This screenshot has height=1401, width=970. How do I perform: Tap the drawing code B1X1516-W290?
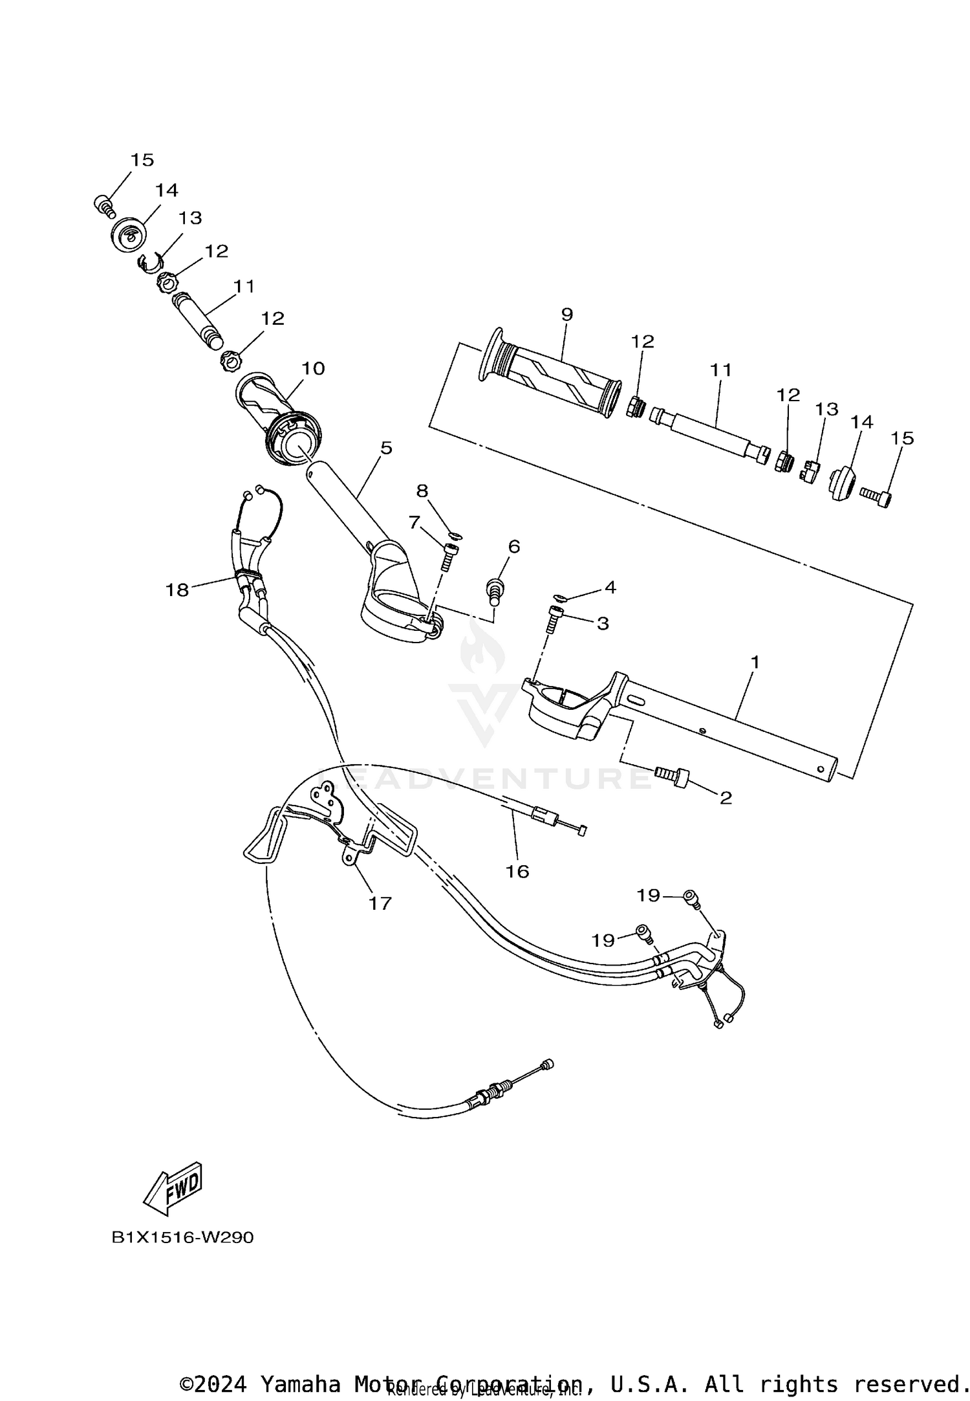(x=183, y=1237)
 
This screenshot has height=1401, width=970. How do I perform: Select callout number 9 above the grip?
(x=566, y=314)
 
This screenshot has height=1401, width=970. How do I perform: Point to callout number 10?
(x=313, y=368)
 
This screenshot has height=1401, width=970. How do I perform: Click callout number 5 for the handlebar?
(x=386, y=448)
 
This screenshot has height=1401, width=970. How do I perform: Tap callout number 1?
(x=754, y=662)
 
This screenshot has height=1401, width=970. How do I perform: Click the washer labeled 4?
(x=559, y=596)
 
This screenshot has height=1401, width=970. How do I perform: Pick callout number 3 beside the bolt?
(x=602, y=623)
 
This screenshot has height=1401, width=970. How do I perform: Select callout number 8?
(x=422, y=491)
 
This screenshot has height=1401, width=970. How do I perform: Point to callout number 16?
(x=517, y=872)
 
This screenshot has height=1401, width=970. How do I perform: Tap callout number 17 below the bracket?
(x=380, y=903)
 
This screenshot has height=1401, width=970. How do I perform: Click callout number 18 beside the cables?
(x=177, y=590)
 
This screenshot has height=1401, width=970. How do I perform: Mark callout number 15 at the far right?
(x=902, y=438)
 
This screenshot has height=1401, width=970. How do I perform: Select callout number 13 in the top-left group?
(x=190, y=218)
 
